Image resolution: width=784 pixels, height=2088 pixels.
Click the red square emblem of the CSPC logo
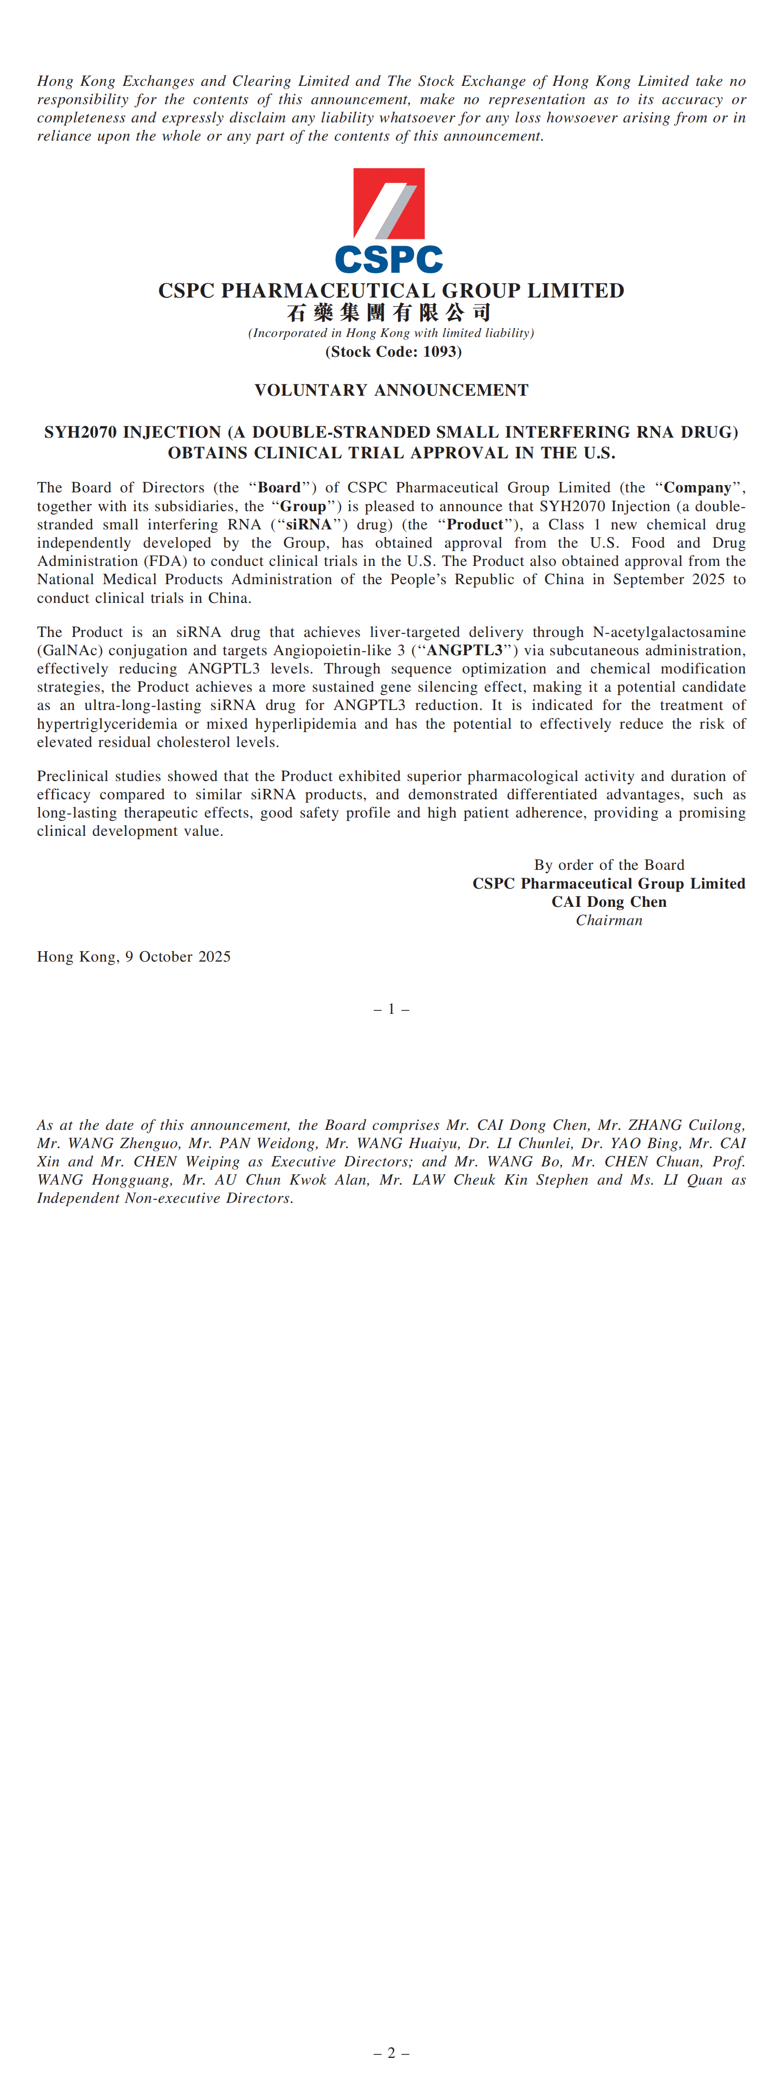click(x=389, y=203)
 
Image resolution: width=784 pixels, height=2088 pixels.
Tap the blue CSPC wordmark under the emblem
click(x=389, y=260)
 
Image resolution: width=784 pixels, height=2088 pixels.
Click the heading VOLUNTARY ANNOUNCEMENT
click(x=391, y=390)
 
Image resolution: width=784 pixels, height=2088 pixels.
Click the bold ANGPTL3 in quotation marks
click(x=466, y=650)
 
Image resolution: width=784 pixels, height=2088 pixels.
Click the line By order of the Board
click(x=609, y=865)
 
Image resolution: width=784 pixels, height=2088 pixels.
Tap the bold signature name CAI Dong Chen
click(x=609, y=901)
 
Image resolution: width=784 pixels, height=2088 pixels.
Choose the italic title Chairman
click(x=609, y=920)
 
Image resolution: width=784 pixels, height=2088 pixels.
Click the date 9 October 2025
click(x=178, y=957)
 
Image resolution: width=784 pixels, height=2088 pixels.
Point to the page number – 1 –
click(x=391, y=1009)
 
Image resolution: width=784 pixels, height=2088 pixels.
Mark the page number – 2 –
click(x=391, y=2053)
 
